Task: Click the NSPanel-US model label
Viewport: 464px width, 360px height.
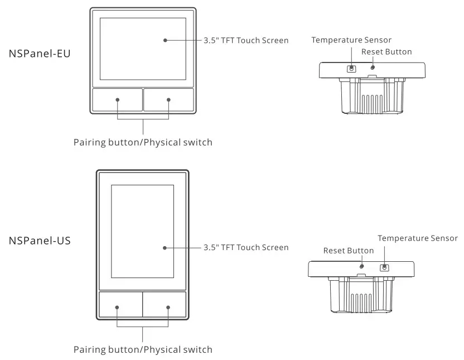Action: click(x=40, y=241)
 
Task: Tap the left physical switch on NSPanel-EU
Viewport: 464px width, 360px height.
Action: click(x=118, y=100)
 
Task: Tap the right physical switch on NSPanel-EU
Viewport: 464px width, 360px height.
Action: click(x=168, y=100)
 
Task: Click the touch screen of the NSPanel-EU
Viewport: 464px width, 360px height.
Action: click(x=143, y=49)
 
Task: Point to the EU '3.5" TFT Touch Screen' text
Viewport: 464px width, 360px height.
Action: click(x=246, y=40)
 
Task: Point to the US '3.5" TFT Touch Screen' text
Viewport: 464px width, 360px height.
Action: click(x=246, y=247)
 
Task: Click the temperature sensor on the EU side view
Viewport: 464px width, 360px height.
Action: click(x=351, y=69)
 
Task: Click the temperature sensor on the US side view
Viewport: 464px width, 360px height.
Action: click(x=384, y=267)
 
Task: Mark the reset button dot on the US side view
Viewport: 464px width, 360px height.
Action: click(x=361, y=266)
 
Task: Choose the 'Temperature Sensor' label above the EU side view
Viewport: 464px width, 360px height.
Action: click(x=351, y=40)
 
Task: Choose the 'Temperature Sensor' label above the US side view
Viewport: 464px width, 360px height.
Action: click(x=418, y=238)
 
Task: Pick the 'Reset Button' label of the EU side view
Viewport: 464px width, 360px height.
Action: click(x=386, y=52)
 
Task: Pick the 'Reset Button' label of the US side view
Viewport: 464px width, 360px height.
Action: click(x=349, y=251)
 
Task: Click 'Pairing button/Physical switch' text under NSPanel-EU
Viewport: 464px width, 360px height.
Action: click(x=143, y=142)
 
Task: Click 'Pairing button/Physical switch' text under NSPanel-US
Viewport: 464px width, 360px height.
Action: click(x=143, y=350)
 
